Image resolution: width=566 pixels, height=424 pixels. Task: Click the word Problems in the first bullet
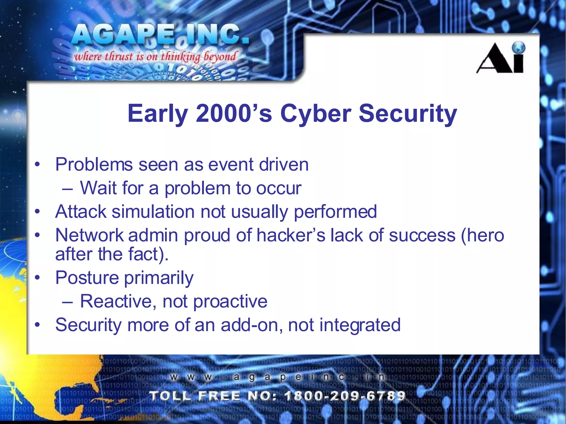(x=94, y=165)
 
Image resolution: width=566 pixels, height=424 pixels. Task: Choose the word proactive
(x=230, y=301)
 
